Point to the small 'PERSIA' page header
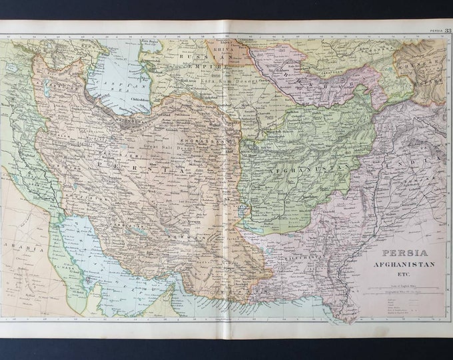(x=436, y=30)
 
